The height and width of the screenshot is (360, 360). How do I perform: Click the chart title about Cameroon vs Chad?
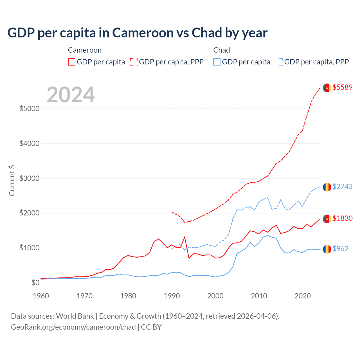pyautogui.click(x=137, y=33)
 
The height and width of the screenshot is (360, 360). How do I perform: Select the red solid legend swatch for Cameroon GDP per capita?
pyautogui.click(x=72, y=62)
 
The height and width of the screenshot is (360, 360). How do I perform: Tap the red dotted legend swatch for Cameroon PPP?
pyautogui.click(x=134, y=62)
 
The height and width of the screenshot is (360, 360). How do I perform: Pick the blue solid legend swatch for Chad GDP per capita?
pyautogui.click(x=217, y=62)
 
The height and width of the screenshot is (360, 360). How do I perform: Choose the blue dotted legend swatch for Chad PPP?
pyautogui.click(x=279, y=62)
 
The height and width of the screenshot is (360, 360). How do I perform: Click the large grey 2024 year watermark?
pyautogui.click(x=71, y=95)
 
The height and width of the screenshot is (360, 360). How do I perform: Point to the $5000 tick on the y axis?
pyautogui.click(x=29, y=109)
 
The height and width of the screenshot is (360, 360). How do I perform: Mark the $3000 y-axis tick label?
pyautogui.click(x=29, y=178)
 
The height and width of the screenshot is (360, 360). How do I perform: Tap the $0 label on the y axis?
pyautogui.click(x=35, y=283)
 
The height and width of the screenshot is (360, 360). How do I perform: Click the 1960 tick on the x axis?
pyautogui.click(x=41, y=296)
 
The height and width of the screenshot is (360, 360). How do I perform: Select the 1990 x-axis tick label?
pyautogui.click(x=172, y=296)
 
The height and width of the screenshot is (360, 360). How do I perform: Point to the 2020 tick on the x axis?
pyautogui.click(x=303, y=296)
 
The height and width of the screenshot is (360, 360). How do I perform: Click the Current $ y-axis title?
pyautogui.click(x=12, y=181)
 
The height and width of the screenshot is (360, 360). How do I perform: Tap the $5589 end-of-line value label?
pyautogui.click(x=342, y=87)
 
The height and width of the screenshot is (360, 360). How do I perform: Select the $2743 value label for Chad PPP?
pyautogui.click(x=342, y=187)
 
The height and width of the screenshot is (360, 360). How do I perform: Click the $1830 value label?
pyautogui.click(x=342, y=219)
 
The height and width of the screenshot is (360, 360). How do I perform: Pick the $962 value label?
pyautogui.click(x=340, y=249)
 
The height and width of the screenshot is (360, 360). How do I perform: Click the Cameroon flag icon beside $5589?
pyautogui.click(x=327, y=88)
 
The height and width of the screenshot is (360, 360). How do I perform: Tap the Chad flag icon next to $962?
pyautogui.click(x=327, y=249)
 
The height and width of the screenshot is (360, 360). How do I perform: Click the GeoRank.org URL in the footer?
pyautogui.click(x=73, y=327)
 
